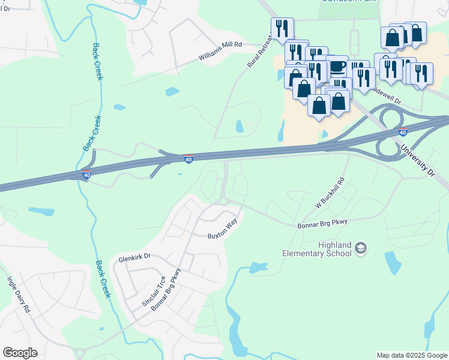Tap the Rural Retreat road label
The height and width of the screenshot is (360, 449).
tap(260, 50)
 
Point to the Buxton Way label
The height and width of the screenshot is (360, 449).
tap(223, 229)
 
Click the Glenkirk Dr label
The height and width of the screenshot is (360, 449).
tap(134, 256)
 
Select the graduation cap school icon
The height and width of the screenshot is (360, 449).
tap(360, 248)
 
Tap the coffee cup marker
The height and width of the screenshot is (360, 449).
tap(337, 65)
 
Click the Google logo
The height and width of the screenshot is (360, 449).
tap(20, 353)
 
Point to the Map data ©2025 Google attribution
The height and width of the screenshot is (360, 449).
tap(412, 355)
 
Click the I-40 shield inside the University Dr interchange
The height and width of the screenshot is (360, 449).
tap(402, 132)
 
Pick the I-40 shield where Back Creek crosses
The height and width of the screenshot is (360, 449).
tap(87, 175)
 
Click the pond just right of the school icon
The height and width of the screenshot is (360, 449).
tap(393, 262)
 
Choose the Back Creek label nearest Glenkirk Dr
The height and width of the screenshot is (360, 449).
tap(103, 279)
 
